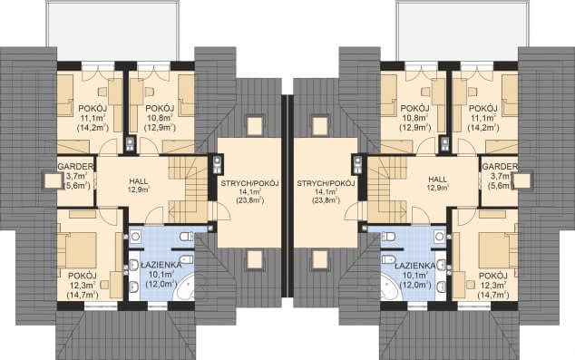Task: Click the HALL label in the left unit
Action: (139, 181)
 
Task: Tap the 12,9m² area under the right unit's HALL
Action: (438, 188)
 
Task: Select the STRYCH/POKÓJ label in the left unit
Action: (249, 183)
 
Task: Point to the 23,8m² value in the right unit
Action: (326, 200)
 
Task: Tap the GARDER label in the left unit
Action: (76, 167)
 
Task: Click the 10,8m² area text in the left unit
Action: (160, 118)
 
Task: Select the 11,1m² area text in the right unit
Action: (483, 118)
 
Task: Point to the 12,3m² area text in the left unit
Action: (83, 285)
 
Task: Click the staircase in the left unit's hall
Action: (188, 189)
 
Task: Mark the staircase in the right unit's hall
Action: (387, 189)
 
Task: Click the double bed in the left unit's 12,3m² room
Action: (77, 249)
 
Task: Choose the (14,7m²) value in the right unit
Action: (492, 294)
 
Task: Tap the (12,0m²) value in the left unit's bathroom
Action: (161, 284)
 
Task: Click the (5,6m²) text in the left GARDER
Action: (77, 186)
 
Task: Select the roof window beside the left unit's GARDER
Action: (52, 180)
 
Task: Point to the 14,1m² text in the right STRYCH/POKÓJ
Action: (326, 191)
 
